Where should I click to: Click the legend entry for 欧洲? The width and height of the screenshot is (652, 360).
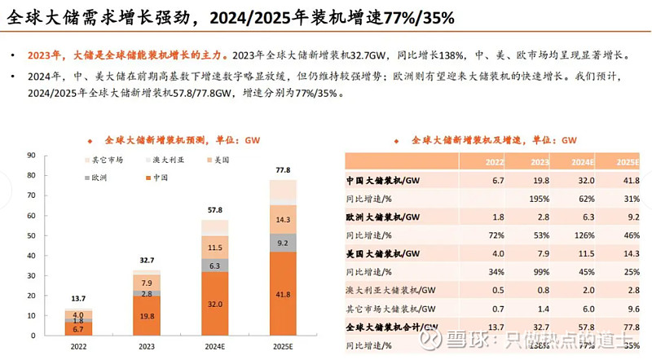click(100, 176)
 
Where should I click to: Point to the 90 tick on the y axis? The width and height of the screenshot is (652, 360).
click(30, 155)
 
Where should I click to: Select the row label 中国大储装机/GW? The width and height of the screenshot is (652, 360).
click(383, 181)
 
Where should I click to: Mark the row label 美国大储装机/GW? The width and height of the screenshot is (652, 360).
click(383, 253)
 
